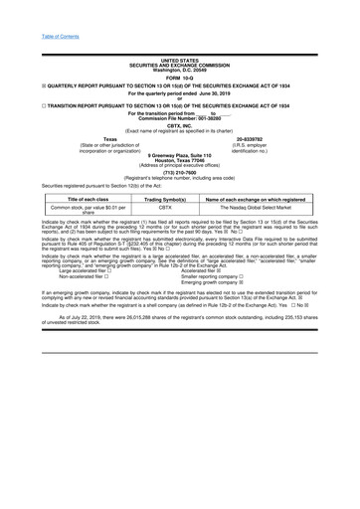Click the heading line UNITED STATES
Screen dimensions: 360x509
point(179,60)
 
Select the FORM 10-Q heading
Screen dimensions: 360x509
point(179,79)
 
